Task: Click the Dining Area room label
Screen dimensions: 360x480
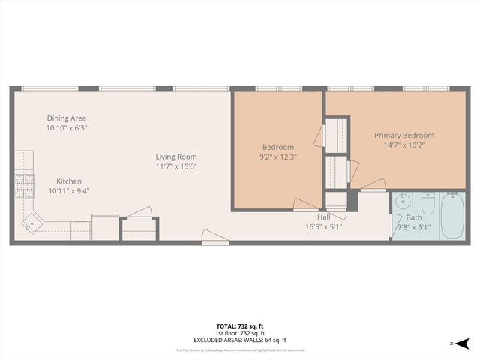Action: click(x=67, y=118)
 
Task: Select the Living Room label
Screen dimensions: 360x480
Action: click(x=176, y=157)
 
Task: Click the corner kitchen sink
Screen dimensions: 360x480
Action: click(x=32, y=222)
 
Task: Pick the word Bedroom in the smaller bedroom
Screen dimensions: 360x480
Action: click(x=277, y=147)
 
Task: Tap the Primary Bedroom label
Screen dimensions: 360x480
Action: click(x=404, y=136)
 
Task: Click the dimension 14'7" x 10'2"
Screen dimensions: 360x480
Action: click(x=404, y=145)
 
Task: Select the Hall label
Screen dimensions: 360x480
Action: click(x=323, y=217)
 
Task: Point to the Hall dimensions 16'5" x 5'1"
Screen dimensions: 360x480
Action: click(x=323, y=226)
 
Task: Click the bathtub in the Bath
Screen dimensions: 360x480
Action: click(x=452, y=216)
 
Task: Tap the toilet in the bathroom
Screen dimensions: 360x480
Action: click(x=428, y=203)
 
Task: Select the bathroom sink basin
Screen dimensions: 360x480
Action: click(x=403, y=200)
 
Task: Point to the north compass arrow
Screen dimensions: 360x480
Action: click(x=463, y=343)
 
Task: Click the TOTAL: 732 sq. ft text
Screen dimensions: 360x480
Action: click(x=240, y=325)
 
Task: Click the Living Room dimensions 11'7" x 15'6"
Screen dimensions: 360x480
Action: click(x=176, y=166)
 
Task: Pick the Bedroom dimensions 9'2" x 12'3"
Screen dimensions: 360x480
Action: click(x=277, y=157)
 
